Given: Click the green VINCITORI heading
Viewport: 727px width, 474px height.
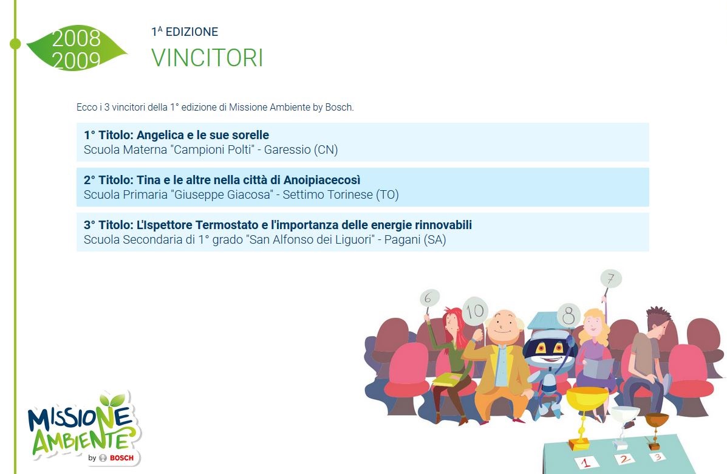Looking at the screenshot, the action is click(207, 58).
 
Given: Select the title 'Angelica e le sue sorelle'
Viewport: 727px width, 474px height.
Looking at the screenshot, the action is click(203, 135).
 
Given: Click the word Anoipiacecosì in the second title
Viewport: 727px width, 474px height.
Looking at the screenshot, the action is click(322, 180).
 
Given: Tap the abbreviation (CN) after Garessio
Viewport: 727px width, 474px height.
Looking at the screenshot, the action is click(326, 150).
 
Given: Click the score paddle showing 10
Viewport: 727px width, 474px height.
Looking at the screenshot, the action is click(475, 311).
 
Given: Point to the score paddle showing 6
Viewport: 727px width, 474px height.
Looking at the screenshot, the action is click(429, 299).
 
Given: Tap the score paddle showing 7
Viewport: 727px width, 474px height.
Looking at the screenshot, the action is click(610, 279).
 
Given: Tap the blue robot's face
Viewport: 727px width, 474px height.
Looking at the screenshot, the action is click(549, 348).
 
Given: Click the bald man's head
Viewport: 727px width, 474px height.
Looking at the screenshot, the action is click(503, 327).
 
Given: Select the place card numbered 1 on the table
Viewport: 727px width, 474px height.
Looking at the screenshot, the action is click(586, 462).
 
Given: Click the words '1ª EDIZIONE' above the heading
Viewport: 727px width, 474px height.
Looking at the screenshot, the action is click(185, 32).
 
